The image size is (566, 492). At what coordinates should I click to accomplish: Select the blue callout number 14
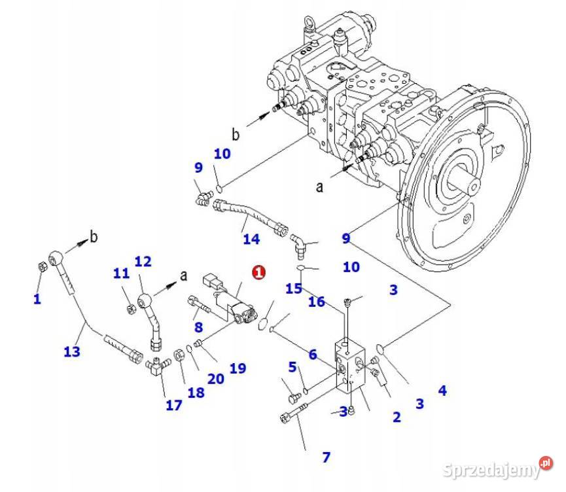click(251, 239)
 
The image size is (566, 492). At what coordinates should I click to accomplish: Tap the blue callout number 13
click(72, 351)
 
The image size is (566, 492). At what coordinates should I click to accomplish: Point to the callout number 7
click(327, 457)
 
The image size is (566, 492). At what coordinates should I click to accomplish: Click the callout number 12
click(143, 262)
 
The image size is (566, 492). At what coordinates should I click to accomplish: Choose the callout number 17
click(173, 405)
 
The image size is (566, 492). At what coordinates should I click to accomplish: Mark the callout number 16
click(317, 301)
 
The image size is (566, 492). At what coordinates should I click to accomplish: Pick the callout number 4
click(442, 391)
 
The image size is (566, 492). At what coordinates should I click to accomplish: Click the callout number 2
click(397, 417)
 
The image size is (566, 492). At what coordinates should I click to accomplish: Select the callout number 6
click(313, 354)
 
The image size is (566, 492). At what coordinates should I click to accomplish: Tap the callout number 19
click(238, 368)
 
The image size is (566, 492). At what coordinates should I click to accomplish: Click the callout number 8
click(198, 326)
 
